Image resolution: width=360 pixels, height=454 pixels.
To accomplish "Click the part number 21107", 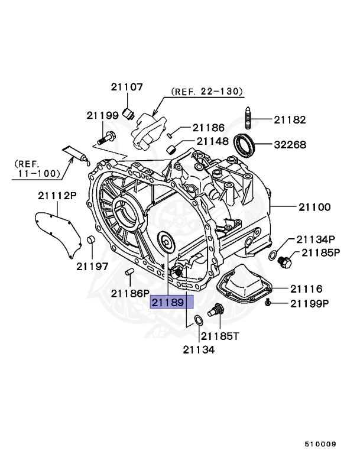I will tap(127, 87).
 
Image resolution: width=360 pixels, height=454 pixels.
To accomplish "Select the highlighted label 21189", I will tap(172, 303).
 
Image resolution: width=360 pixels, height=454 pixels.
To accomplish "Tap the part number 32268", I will tap(290, 144).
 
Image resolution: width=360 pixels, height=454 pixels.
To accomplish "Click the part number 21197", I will tap(92, 266).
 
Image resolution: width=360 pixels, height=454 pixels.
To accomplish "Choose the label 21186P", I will tap(130, 293).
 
